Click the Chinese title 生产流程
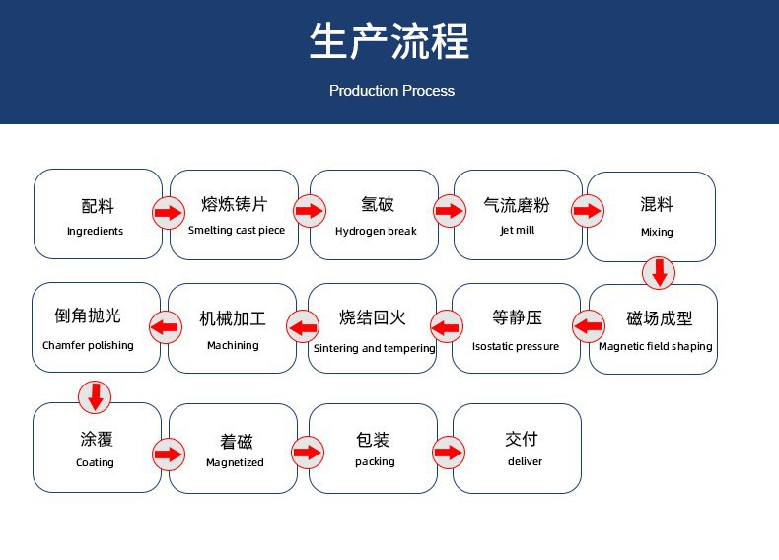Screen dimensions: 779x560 tap(389, 40)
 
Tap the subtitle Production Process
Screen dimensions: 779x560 tap(391, 91)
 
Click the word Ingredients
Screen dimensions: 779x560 tap(95, 231)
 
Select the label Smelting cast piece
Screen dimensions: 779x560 tap(237, 230)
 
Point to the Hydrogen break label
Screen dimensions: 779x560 tap(376, 231)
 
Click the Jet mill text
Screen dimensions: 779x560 tap(517, 230)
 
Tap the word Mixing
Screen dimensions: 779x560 tap(657, 232)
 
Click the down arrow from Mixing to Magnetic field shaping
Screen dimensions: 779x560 tap(659, 273)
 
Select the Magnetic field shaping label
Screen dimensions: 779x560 tap(656, 346)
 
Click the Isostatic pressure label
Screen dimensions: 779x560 tap(516, 346)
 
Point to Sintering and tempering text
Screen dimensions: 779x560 tap(374, 348)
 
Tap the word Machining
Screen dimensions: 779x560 tap(233, 345)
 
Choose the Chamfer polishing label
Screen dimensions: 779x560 tap(88, 345)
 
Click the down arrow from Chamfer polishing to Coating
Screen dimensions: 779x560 tap(95, 397)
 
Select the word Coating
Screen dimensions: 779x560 tap(95, 462)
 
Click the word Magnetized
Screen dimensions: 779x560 tap(235, 462)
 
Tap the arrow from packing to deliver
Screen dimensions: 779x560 tap(448, 453)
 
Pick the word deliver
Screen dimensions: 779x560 tap(526, 461)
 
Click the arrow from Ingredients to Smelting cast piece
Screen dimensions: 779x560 tap(169, 213)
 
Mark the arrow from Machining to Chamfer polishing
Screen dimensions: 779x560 tap(165, 327)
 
